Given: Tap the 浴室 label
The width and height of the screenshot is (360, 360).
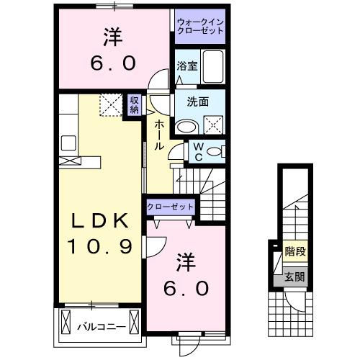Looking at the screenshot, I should click(186, 66).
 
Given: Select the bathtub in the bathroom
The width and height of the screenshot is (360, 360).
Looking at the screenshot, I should click(213, 68).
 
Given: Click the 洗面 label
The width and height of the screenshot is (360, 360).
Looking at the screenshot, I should click(198, 102).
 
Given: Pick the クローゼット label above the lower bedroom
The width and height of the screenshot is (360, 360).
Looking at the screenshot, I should click(171, 207).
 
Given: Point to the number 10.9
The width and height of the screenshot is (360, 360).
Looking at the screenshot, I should click(100, 247).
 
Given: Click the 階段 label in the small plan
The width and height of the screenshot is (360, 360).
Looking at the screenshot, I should click(294, 253).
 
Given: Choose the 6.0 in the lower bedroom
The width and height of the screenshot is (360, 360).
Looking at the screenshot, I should click(186, 287).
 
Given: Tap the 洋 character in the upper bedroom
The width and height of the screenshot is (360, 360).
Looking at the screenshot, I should click(112, 34).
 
